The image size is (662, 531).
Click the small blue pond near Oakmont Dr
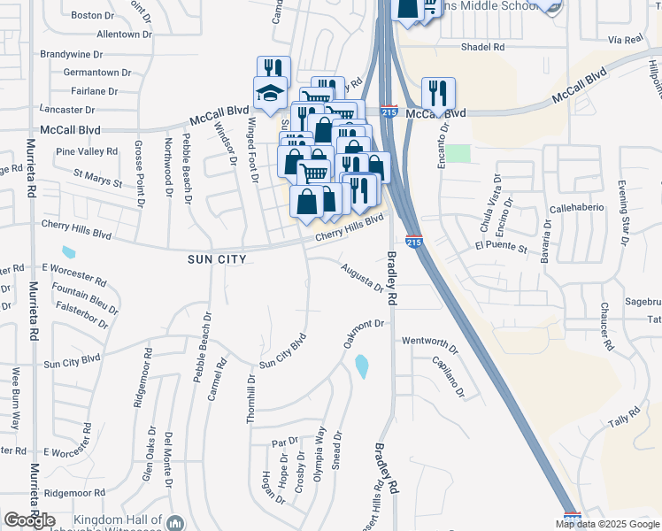tap(361, 366)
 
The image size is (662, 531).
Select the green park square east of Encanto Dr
tap(458, 153)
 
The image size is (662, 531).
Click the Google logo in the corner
tap(29, 520)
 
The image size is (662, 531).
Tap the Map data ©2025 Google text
tap(608, 524)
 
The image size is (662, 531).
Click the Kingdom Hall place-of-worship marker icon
tap(175, 523)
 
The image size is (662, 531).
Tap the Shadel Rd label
tap(482, 47)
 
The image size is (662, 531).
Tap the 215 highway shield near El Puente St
tap(413, 241)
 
